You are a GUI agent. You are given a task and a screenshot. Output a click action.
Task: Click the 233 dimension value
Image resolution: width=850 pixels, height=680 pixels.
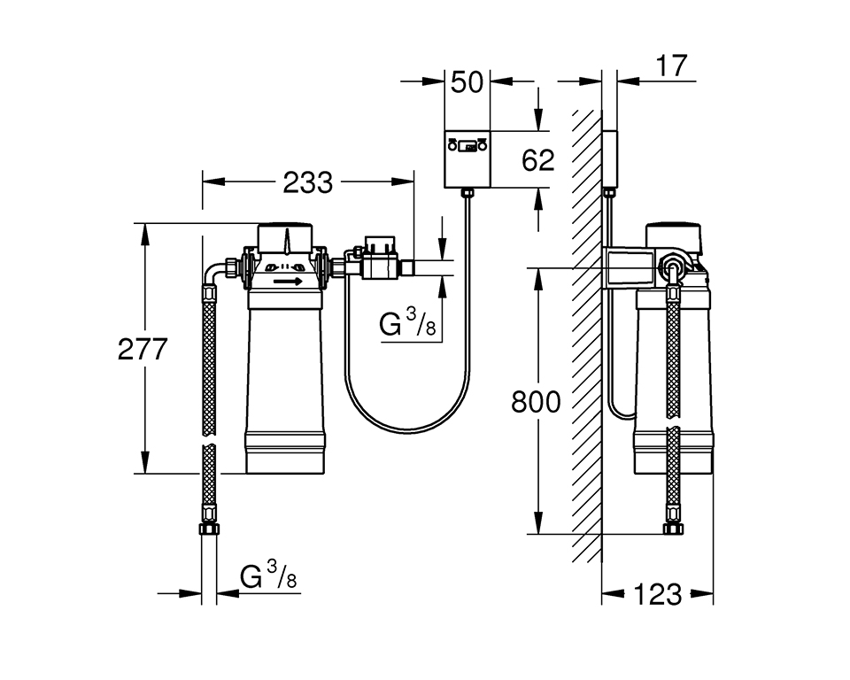307,182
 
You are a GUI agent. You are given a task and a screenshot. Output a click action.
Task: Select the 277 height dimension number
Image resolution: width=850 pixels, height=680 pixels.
143,349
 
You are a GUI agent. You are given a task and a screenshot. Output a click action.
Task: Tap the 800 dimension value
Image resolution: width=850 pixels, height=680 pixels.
536,402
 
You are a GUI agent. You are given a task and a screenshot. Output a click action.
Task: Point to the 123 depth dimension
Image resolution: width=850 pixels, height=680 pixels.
658,594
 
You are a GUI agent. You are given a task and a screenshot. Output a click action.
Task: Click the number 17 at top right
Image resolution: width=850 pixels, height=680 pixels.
672,66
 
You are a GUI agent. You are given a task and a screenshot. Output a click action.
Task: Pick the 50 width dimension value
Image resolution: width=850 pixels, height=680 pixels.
467,82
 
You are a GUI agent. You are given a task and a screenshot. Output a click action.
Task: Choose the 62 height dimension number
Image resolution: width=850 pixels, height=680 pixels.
537,159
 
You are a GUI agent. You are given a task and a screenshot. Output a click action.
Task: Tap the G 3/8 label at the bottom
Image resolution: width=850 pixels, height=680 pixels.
268,577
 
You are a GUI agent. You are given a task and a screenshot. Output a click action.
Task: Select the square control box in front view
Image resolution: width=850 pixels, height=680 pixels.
467,158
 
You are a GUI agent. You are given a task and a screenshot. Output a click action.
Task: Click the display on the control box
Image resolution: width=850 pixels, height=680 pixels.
467,145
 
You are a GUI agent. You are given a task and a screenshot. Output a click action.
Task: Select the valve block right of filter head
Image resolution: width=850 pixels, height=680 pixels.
376,259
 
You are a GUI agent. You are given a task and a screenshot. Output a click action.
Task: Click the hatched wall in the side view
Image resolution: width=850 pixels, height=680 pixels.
585,336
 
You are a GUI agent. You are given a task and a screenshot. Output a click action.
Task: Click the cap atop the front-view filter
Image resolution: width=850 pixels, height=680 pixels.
285,236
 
